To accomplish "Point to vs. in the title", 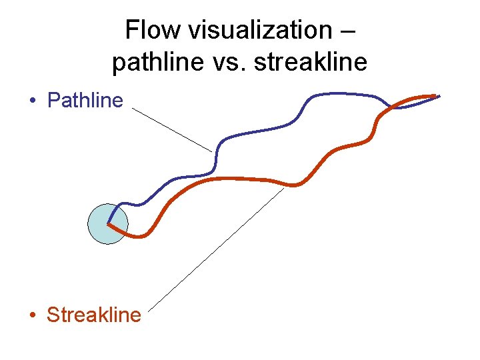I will [x=222, y=62].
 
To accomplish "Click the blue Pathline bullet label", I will [x=85, y=101].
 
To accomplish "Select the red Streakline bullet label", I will [x=94, y=314].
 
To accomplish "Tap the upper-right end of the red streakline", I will [x=435, y=95].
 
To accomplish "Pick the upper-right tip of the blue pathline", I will [x=439, y=97].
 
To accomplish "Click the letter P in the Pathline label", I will [x=53, y=101].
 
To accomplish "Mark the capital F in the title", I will [x=131, y=30].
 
